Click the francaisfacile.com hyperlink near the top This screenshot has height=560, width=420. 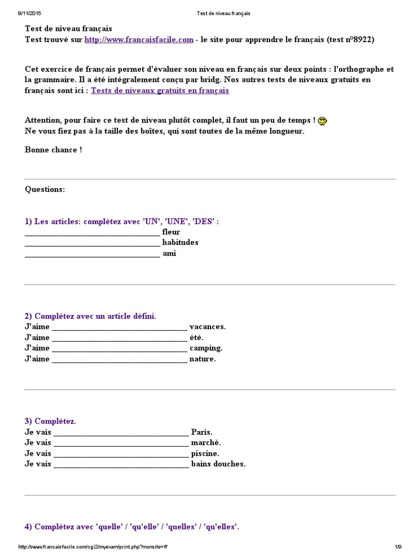[139, 40]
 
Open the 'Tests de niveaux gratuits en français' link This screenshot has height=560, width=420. [160, 91]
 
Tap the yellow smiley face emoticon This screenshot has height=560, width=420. [323, 121]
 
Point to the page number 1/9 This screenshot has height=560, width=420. [398, 547]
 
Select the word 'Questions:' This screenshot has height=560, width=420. [45, 189]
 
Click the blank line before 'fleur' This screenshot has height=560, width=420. [92, 232]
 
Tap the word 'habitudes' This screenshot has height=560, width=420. [180, 242]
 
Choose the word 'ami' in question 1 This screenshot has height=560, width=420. [170, 253]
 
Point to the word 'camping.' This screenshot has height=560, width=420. [206, 348]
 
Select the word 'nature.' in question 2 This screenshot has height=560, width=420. [203, 359]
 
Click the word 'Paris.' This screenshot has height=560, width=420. [202, 432]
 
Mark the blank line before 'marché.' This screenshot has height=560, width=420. [121, 443]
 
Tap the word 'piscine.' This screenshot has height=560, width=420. [206, 453]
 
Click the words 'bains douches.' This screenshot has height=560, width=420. [219, 464]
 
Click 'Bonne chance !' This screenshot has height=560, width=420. [54, 150]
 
